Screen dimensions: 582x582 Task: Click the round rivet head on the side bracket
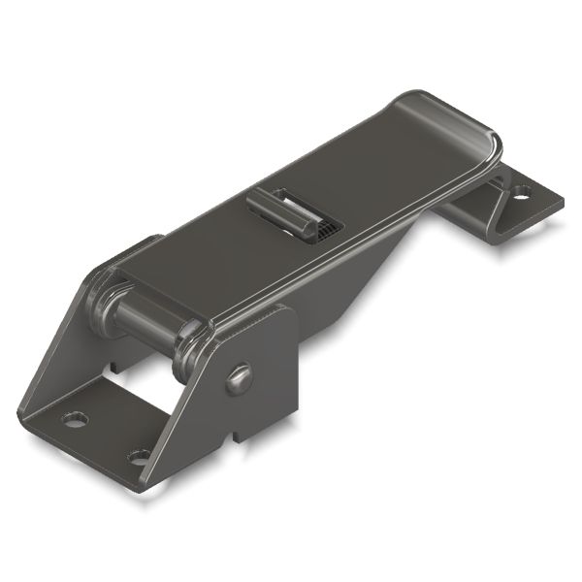[240, 377]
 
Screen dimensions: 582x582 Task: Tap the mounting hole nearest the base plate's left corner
[74, 420]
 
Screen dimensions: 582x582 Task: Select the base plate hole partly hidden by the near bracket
[139, 455]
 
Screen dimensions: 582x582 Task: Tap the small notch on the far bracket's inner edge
[113, 368]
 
